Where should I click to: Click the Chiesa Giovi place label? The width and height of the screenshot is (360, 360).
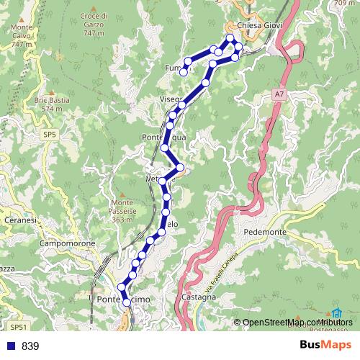click(259, 24)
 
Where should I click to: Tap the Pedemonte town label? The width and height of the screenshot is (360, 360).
click(265, 233)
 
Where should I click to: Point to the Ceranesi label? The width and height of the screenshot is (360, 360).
click(20, 220)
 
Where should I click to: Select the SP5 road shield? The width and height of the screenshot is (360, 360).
click(49, 134)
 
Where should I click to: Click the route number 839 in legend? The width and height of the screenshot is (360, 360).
click(30, 346)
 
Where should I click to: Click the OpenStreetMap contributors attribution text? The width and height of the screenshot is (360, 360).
click(297, 322)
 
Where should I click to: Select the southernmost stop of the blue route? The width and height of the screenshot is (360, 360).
click(126, 303)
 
